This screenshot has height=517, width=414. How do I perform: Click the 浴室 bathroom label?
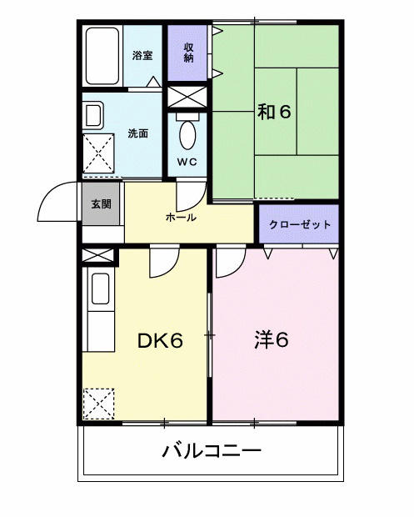click(142, 55)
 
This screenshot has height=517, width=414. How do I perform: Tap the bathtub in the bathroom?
click(102, 56)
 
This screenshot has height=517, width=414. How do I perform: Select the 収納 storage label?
click(189, 53)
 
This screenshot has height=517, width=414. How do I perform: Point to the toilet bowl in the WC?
click(187, 135)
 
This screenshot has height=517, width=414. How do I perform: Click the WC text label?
click(187, 162)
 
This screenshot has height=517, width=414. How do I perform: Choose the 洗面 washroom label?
click(138, 133)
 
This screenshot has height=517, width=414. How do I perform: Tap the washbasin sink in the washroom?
click(93, 116)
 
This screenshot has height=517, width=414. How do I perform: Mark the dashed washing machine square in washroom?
click(98, 153)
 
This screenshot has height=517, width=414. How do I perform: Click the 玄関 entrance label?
click(101, 204)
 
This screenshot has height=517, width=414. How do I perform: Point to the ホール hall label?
click(181, 218)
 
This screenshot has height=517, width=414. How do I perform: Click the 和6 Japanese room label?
click(274, 112)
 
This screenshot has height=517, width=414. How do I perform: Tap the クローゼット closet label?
click(300, 225)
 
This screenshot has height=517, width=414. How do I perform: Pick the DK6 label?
click(160, 340)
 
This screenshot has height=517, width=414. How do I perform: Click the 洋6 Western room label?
click(272, 340)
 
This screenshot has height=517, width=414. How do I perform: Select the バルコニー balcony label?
click(212, 450)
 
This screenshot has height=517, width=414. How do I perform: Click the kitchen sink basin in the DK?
click(101, 289)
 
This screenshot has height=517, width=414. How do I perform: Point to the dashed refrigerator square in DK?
click(98, 404)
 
